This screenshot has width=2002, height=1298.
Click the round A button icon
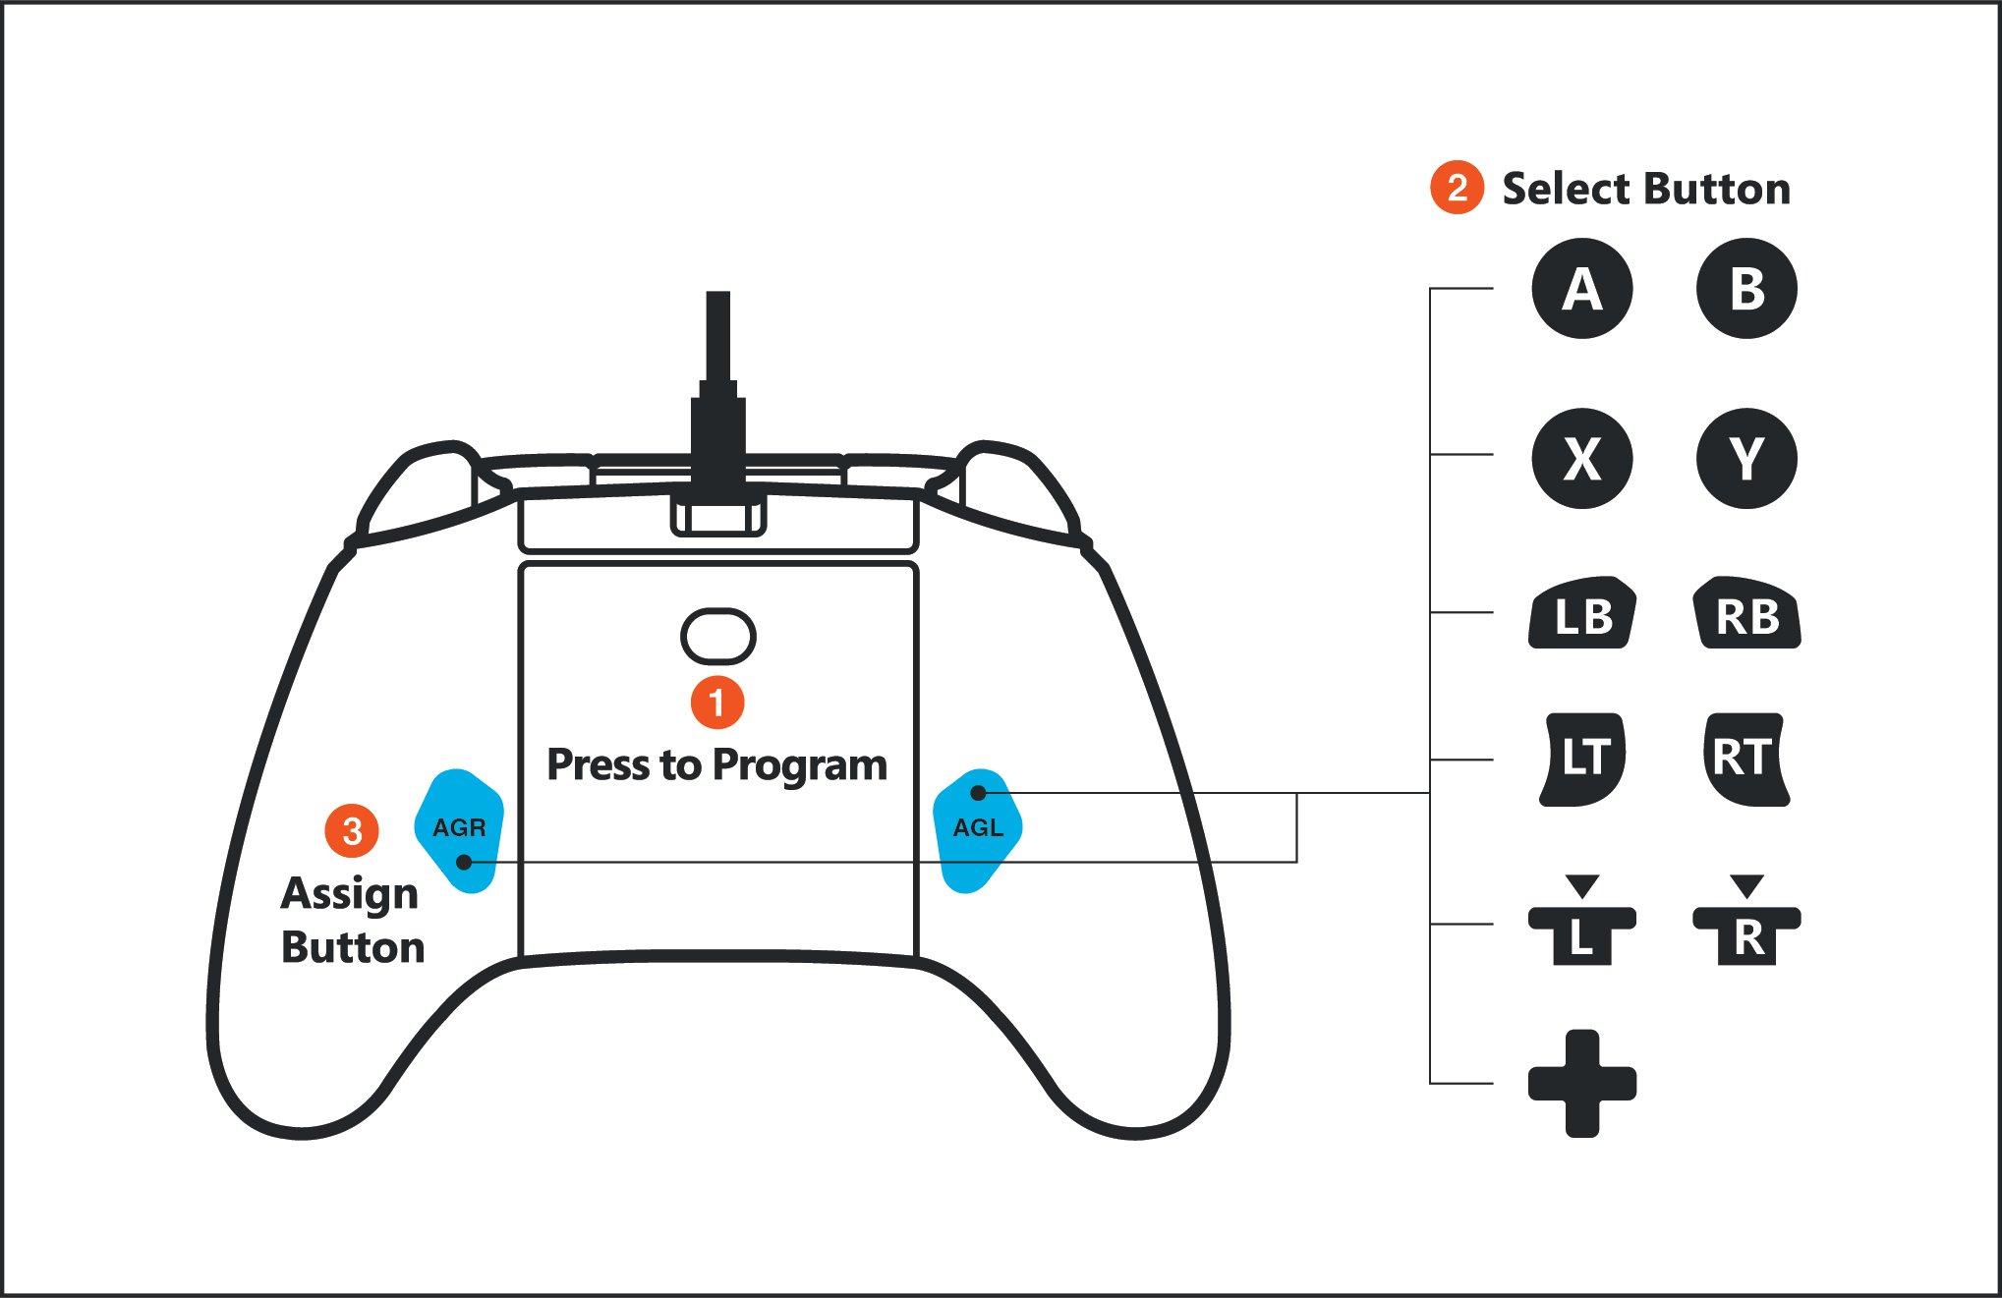click(1581, 289)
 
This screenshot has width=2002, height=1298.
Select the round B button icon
click(1746, 289)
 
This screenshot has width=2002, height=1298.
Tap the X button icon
click(1581, 458)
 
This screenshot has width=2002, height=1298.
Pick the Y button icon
click(1746, 458)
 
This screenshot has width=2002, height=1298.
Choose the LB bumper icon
click(1581, 615)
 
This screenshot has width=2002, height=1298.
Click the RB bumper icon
click(1746, 615)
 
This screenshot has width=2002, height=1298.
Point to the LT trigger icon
click(1581, 759)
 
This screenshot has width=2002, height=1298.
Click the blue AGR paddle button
click(459, 830)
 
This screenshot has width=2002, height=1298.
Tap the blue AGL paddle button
click(978, 830)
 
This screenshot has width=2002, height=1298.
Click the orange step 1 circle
click(717, 703)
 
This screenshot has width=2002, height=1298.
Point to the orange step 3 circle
click(352, 831)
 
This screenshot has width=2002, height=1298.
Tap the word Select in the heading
click(1565, 189)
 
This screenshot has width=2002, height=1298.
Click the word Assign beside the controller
click(349, 894)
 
